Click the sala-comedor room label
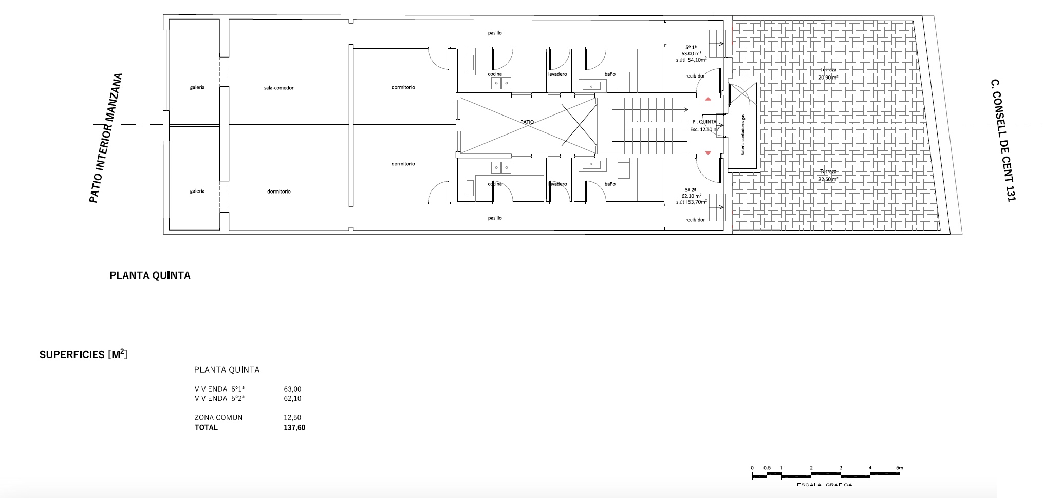point(278,88)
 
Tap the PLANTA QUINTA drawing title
point(150,276)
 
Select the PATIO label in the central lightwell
point(527,122)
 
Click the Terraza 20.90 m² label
point(828,73)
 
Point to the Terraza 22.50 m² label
point(828,175)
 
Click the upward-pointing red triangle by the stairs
point(708,99)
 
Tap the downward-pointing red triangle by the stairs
point(708,152)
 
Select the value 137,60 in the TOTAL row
point(294,427)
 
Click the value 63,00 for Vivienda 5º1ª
point(293,389)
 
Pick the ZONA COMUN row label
point(218,418)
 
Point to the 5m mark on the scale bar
point(899,468)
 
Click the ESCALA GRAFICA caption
point(824,485)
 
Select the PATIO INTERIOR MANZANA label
point(106,138)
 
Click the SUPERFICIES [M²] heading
point(83,354)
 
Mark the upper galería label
point(197,87)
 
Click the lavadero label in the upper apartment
point(557,74)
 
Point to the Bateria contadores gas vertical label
point(742,135)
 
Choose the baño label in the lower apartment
point(610,184)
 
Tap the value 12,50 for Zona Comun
point(292,418)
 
